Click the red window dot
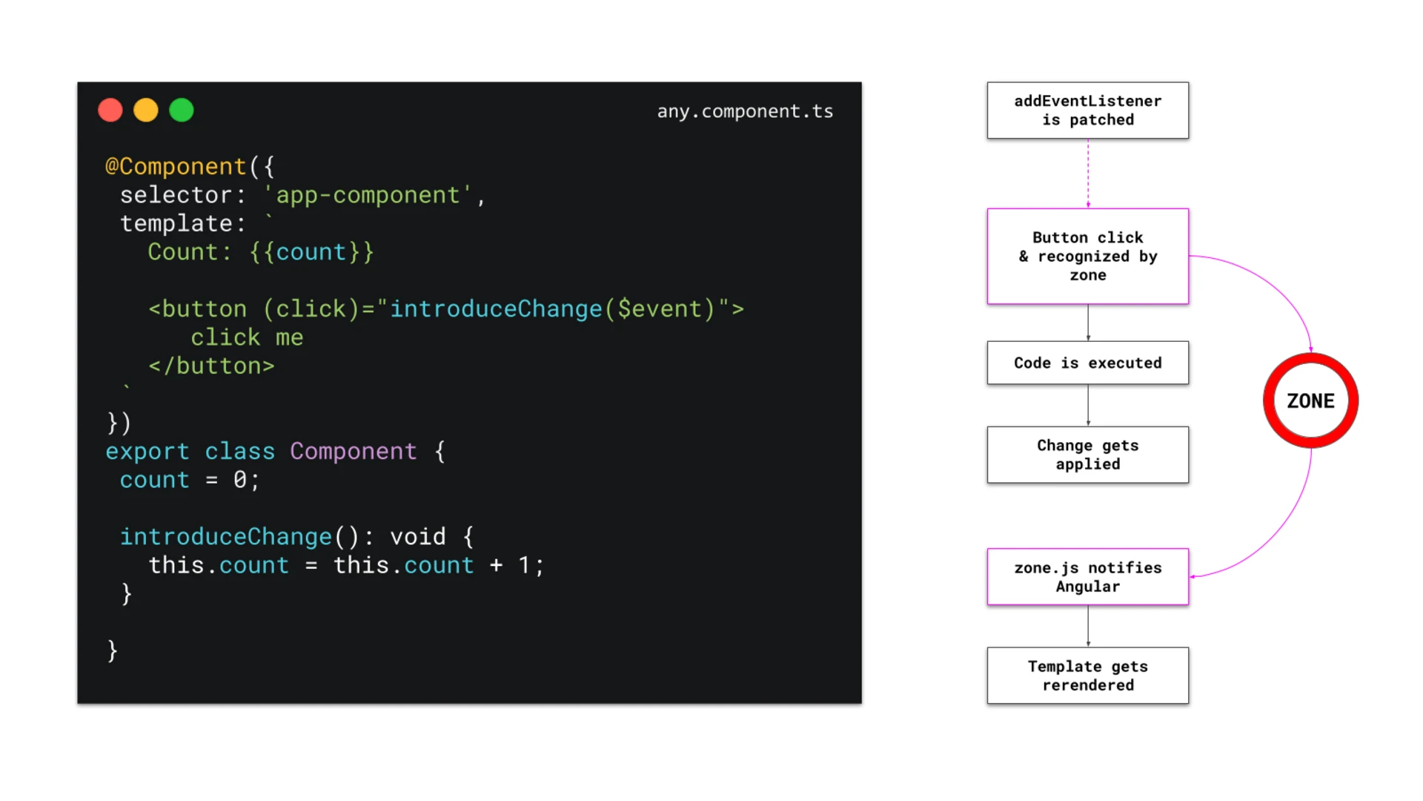pos(110,111)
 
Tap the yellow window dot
pos(146,111)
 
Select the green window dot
pos(182,111)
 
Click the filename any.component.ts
pos(745,111)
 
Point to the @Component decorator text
pos(176,166)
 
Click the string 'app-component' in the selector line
pos(368,195)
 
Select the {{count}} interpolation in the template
pos(311,252)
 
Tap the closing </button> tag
pos(211,366)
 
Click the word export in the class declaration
pos(147,451)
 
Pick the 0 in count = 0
pos(240,480)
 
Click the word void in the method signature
pos(418,536)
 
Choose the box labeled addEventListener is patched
pos(1087,111)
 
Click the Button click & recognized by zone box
pos(1087,256)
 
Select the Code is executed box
pos(1087,363)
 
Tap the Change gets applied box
pos(1087,455)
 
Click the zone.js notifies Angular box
pos(1087,577)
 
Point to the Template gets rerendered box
pos(1087,676)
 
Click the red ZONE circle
pos(1310,400)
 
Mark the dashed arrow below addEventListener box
pos(1088,173)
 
